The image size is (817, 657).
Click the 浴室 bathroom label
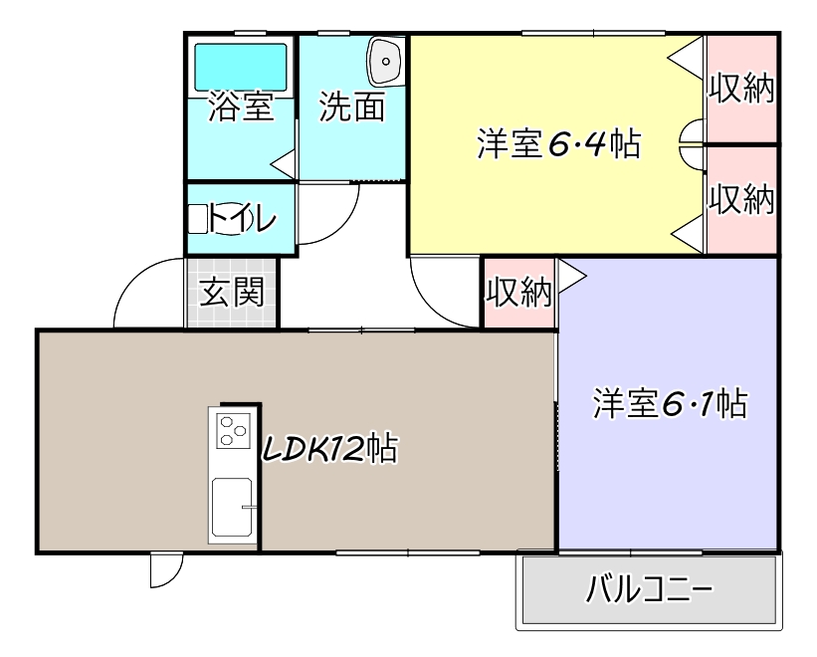(x=241, y=107)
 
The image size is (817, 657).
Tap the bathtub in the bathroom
(x=240, y=67)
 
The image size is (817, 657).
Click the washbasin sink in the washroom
(x=384, y=62)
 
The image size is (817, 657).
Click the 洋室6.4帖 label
(x=556, y=145)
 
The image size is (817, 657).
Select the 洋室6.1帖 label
(x=670, y=404)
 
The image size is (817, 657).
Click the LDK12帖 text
(x=328, y=449)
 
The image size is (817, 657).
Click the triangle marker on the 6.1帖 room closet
(x=572, y=276)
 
